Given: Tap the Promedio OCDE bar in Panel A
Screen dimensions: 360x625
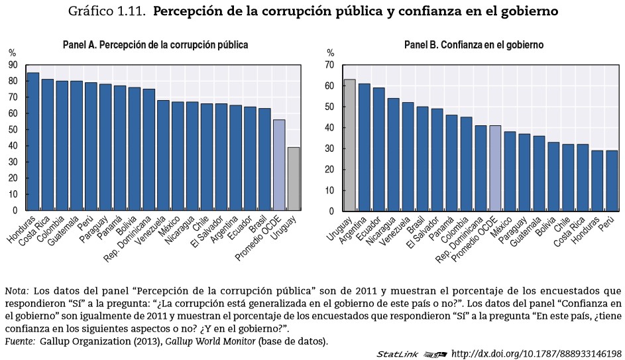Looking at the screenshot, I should (x=279, y=165).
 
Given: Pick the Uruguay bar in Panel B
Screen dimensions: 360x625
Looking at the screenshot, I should (x=349, y=145).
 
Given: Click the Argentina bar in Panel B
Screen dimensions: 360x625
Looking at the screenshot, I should (x=364, y=147).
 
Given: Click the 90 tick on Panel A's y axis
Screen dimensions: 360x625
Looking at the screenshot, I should (x=13, y=65).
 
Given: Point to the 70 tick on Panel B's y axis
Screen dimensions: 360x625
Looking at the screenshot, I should (x=329, y=65).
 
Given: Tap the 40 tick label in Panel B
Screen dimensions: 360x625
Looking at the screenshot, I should (x=329, y=128).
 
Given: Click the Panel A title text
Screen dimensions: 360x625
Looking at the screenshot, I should (x=155, y=45).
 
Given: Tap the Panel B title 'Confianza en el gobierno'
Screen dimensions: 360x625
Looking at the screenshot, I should (x=474, y=45).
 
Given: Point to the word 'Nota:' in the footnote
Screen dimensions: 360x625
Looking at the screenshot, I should (x=17, y=291).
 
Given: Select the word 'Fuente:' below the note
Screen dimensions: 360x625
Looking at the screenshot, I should (x=21, y=341).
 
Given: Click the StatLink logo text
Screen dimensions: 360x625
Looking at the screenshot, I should (x=398, y=354).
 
